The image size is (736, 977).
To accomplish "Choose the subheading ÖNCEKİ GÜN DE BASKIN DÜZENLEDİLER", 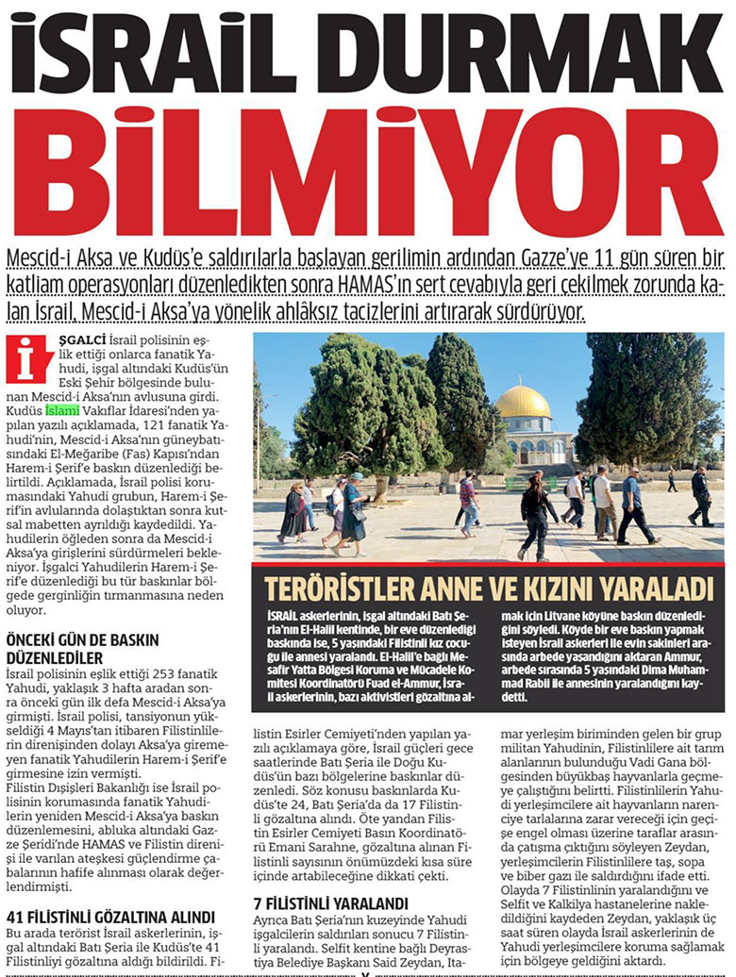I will click(x=75, y=648).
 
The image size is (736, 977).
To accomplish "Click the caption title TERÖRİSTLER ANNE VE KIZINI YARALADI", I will click(x=488, y=588).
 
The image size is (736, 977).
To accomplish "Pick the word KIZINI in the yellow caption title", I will click(x=579, y=588).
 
